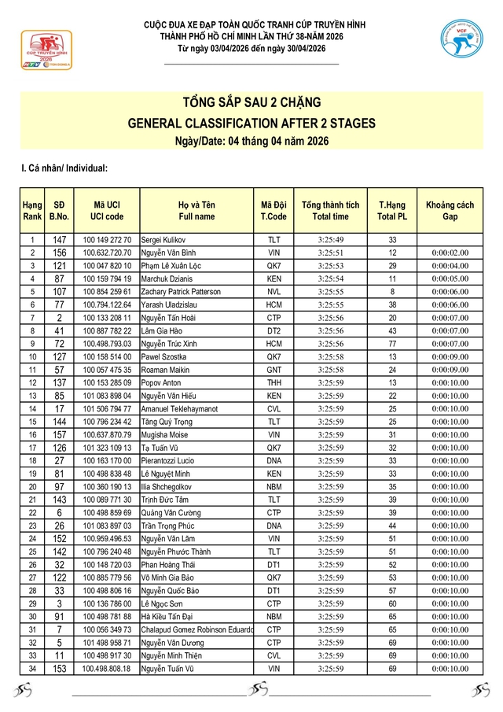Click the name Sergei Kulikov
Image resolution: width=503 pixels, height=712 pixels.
click(163, 240)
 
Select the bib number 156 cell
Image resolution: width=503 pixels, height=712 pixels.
click(60, 253)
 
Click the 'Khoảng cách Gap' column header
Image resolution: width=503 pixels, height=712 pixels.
click(450, 211)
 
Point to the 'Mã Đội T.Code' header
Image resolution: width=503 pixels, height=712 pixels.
click(274, 211)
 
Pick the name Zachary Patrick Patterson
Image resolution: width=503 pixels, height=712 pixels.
click(181, 292)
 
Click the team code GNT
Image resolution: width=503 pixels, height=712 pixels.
click(274, 370)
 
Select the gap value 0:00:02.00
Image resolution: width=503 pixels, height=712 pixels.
click(450, 253)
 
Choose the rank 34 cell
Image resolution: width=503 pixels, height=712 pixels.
click(32, 669)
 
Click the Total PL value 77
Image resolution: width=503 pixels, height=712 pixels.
click(392, 344)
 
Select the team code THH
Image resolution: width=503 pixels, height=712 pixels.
click(274, 383)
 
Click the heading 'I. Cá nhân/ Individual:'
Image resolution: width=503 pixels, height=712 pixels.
click(64, 168)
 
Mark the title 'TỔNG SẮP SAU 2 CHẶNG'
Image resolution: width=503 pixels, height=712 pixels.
click(251, 103)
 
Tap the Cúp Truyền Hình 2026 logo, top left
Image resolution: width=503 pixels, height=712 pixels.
click(45, 50)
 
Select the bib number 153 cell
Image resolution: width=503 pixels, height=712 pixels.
click(60, 669)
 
